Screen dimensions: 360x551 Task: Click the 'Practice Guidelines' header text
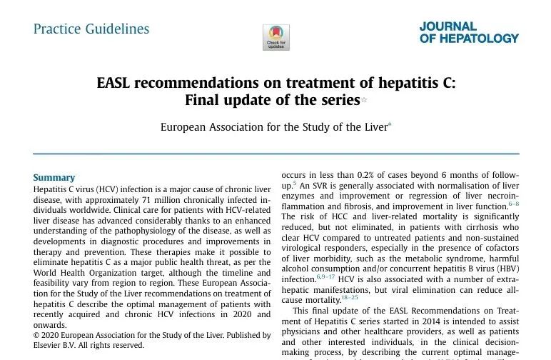point(91,29)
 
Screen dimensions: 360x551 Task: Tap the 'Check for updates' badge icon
point(276,36)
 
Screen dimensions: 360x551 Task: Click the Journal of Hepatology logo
point(469,32)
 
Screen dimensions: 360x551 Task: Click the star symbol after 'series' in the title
point(364,100)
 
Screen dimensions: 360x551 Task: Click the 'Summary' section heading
point(54,178)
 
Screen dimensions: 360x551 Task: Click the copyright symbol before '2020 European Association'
point(37,335)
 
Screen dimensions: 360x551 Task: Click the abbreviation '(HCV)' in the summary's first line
point(105,189)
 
